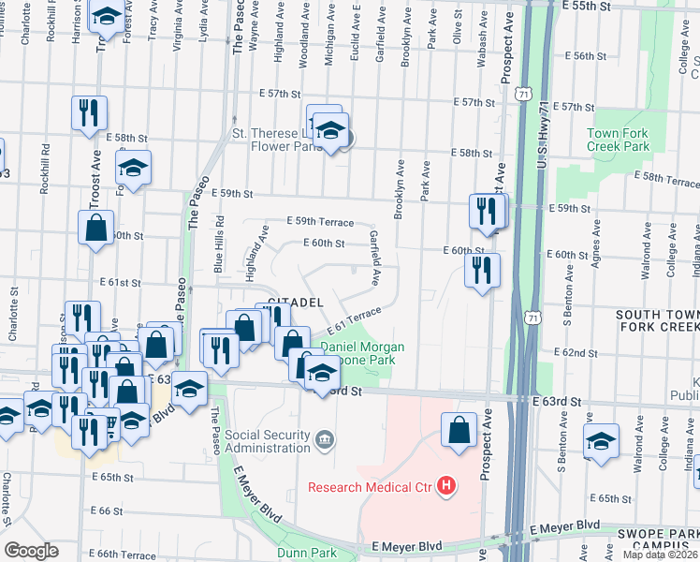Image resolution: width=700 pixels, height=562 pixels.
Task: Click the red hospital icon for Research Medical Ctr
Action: [446, 485]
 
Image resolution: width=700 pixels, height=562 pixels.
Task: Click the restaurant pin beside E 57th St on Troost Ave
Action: [90, 112]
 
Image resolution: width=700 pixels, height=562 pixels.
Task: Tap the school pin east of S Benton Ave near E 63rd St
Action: [601, 441]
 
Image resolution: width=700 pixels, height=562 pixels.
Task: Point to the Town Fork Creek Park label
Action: [618, 140]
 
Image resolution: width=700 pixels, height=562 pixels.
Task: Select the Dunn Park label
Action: [307, 553]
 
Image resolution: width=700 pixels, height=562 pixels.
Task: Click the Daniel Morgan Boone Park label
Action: [363, 353]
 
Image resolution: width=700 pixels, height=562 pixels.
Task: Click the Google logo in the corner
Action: [31, 551]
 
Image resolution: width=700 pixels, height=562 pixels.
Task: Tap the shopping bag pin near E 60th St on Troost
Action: [97, 228]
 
